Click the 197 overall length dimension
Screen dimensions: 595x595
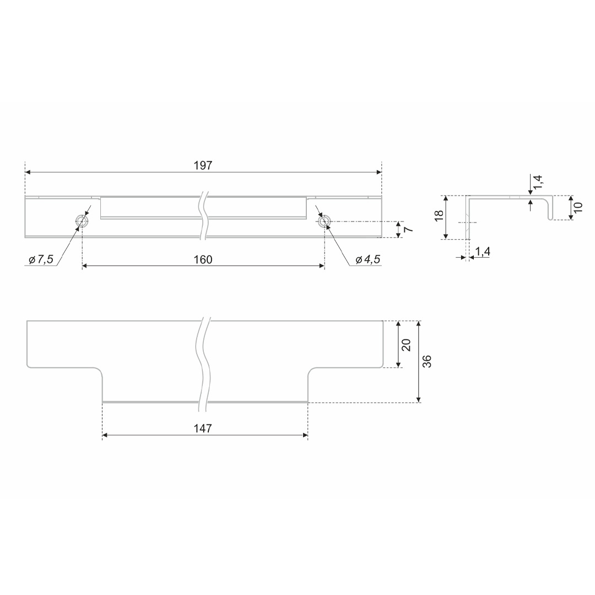pos(203,166)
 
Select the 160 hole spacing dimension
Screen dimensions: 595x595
pos(203,260)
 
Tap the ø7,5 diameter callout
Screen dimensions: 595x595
pos(41,260)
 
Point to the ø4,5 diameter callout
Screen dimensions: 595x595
pos(367,260)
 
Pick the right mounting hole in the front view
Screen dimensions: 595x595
pos(324,221)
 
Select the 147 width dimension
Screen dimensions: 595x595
pos(203,429)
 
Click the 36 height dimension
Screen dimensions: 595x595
pos(428,361)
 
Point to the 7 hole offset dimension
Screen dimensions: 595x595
pos(409,229)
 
